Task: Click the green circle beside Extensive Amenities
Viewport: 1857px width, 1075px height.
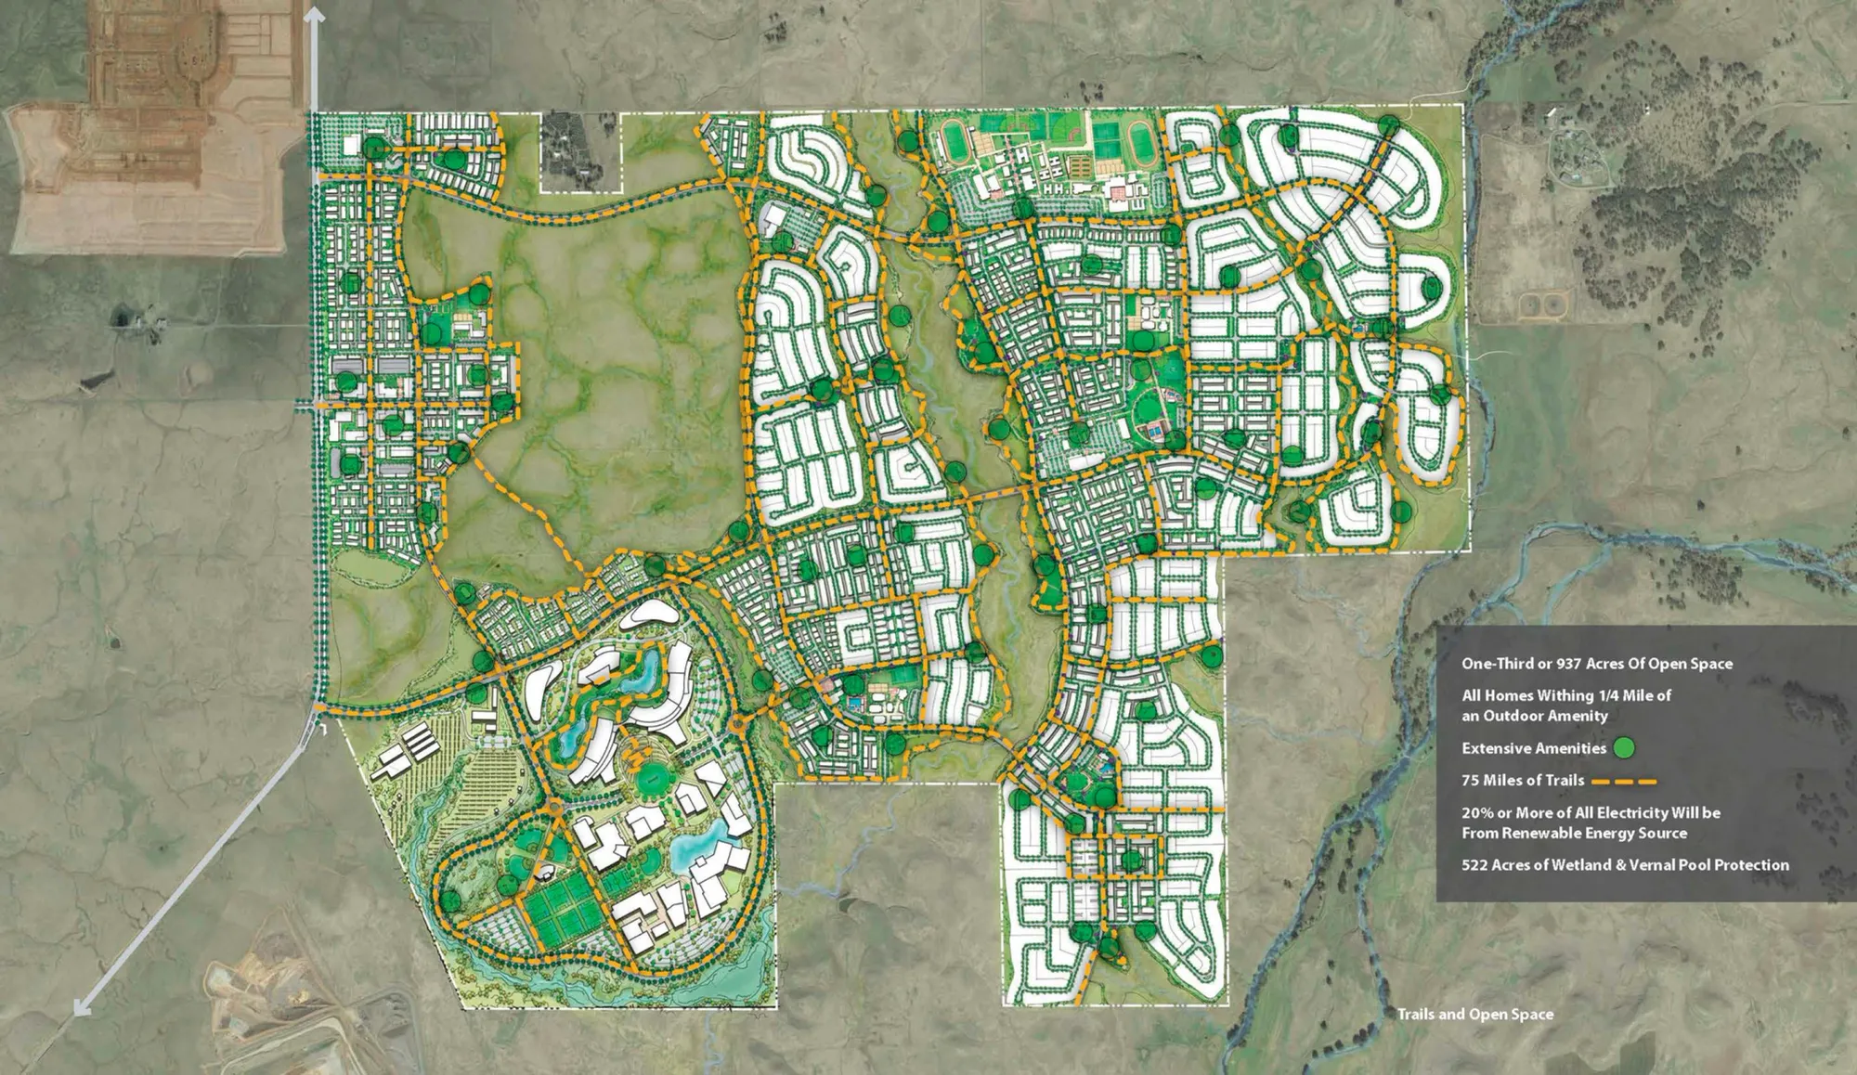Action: (1623, 748)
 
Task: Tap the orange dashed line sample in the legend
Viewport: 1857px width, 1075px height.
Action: (1624, 781)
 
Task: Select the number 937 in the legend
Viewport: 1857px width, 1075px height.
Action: (1565, 664)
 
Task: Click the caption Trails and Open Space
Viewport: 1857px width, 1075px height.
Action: (1474, 1014)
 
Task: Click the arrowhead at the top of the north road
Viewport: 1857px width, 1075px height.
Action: (315, 13)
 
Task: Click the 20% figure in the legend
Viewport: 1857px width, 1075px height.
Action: (1475, 813)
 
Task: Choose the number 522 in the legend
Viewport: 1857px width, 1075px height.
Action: (1475, 865)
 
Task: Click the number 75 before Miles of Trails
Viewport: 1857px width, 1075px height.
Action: (1471, 781)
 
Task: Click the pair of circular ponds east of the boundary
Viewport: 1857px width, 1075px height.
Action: (1544, 304)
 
